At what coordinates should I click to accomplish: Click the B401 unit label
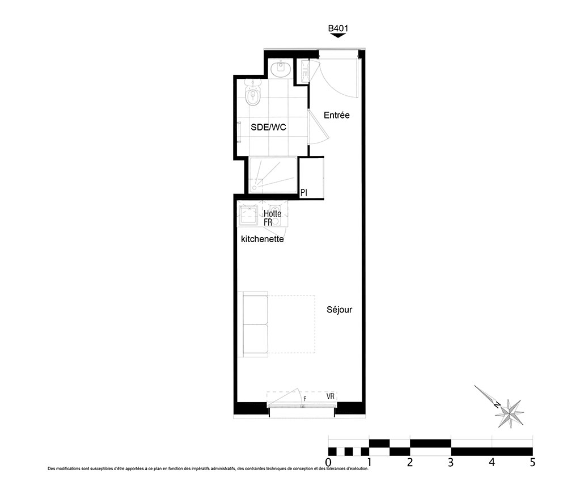tap(338, 28)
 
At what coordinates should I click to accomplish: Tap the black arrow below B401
tap(338, 35)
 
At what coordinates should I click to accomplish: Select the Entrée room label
tap(337, 115)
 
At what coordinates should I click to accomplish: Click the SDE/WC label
tap(268, 127)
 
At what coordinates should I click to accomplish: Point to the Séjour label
tap(339, 310)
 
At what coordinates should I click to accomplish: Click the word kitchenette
tap(262, 239)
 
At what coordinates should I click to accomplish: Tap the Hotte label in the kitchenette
tap(272, 213)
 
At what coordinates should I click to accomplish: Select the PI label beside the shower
tap(304, 193)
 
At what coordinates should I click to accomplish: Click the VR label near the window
tap(331, 396)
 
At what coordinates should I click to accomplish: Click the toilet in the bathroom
tap(252, 94)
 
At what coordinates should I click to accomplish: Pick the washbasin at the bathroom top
tap(281, 69)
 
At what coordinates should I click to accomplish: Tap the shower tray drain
tap(254, 188)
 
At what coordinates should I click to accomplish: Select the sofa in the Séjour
tap(255, 324)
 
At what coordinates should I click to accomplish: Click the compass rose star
tap(510, 413)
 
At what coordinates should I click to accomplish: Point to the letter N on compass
tap(498, 404)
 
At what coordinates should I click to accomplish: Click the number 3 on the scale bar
tap(451, 462)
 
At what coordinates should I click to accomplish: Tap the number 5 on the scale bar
tap(532, 462)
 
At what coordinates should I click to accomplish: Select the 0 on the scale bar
tap(328, 462)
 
